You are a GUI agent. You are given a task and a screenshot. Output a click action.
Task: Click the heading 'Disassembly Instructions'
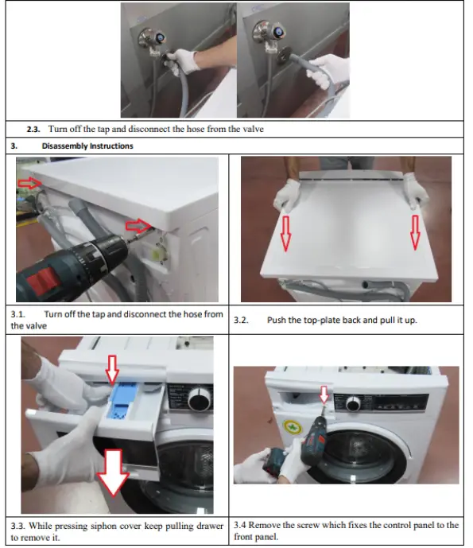coord(87,146)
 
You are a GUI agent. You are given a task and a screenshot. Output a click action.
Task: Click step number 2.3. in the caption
coord(33,130)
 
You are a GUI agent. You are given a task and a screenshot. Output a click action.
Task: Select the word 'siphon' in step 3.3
coord(103,526)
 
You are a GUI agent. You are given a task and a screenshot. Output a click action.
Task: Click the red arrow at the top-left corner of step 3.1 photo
coord(29,183)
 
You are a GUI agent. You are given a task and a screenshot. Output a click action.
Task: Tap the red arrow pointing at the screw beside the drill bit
coord(138,226)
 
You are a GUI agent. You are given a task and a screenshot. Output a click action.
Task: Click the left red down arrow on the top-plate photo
coord(285,234)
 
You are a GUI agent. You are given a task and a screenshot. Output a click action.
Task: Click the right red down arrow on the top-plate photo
coord(415,232)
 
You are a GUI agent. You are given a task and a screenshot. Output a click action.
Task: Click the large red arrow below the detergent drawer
coord(113,472)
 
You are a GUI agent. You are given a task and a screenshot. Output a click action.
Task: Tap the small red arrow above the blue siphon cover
coord(112,369)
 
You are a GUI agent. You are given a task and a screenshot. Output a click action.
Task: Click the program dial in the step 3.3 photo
coord(200,399)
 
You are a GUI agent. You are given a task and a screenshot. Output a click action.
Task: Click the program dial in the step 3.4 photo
coord(353,403)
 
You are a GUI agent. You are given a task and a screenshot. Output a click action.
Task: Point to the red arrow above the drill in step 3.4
coord(324,394)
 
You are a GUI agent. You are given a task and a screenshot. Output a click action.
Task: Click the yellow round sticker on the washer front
coord(292,428)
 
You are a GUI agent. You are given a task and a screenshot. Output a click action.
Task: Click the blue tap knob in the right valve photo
coord(279,33)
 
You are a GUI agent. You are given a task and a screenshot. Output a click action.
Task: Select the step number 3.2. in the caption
coord(241,321)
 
